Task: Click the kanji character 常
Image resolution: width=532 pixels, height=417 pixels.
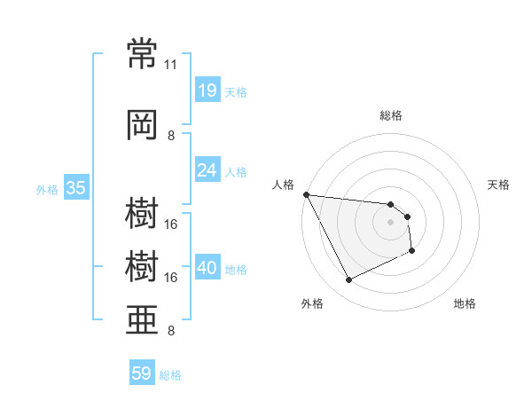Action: point(142,53)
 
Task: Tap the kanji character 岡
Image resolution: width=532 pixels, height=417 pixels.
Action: point(142,125)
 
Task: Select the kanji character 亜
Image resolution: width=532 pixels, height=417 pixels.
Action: point(142,320)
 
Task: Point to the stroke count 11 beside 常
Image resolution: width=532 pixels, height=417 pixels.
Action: point(170,65)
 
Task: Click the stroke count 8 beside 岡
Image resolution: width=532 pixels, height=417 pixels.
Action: point(171,136)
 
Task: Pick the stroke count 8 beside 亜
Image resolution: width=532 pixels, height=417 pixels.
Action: point(171,330)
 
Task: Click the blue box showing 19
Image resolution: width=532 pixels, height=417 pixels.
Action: point(208,90)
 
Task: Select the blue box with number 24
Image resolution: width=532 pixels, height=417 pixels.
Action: point(208,169)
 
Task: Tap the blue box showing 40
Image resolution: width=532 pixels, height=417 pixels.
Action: point(208,266)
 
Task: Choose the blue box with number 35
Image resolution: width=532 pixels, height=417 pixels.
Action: point(76,187)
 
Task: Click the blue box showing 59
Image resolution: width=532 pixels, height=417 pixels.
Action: point(142,372)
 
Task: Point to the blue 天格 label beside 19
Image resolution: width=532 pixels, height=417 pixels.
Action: point(236,92)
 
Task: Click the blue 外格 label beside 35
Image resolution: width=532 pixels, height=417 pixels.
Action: point(47,190)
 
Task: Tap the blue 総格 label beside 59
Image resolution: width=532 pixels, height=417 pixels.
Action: point(170,375)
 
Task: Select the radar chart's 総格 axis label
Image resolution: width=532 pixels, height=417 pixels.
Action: point(391,115)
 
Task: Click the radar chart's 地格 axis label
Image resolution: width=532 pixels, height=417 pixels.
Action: point(465,303)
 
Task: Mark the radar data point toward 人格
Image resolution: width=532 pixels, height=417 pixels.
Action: point(307,194)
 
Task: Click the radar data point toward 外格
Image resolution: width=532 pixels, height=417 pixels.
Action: point(348,279)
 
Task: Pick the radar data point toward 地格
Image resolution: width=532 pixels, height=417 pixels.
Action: point(412,250)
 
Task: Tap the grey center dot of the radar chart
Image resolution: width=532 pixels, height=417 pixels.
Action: point(390,222)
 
